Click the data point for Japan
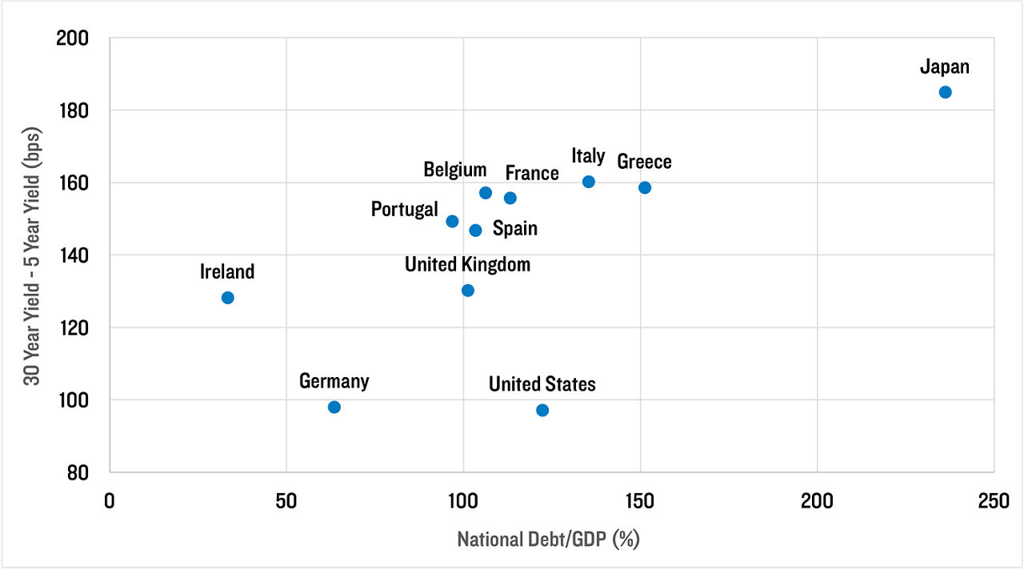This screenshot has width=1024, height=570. (x=945, y=92)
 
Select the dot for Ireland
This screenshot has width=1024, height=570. (x=227, y=298)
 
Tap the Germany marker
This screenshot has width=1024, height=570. (x=334, y=407)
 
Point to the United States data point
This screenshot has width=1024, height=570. (x=542, y=410)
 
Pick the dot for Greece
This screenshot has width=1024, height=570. (x=645, y=187)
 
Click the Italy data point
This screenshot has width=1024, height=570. (x=589, y=182)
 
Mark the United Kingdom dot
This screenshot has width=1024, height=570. (x=468, y=290)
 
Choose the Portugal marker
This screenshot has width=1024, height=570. (x=452, y=221)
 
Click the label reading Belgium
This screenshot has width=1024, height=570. (x=455, y=170)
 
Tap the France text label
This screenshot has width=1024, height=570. (x=532, y=173)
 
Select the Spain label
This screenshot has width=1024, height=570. (x=515, y=229)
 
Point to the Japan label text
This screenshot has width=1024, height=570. (x=945, y=66)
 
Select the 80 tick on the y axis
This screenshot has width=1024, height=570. (x=79, y=472)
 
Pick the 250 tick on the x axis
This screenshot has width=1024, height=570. (x=994, y=500)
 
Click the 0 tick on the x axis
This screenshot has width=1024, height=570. (x=110, y=500)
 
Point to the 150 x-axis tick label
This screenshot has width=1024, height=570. (x=640, y=500)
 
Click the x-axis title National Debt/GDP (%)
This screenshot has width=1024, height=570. (x=549, y=540)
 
